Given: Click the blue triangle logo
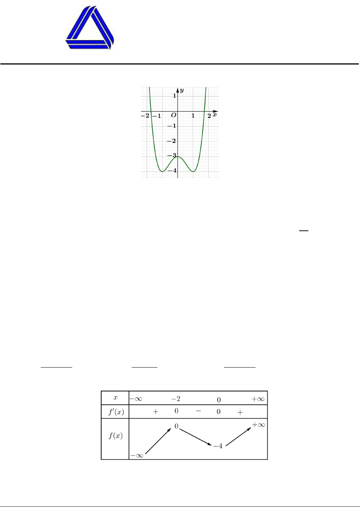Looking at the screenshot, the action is point(90,28).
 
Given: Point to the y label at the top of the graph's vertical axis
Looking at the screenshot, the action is point(182,91).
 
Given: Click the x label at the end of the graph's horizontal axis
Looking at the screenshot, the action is point(215,115).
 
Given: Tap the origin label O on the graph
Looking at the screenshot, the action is point(173,115).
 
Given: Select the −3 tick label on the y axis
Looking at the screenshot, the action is point(172,155).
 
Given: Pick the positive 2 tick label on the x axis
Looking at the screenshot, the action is point(209,116).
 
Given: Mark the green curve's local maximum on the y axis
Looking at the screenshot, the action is point(178,157).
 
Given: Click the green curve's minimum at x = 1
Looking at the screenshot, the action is point(193,171).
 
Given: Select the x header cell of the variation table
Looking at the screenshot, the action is point(115,398).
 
